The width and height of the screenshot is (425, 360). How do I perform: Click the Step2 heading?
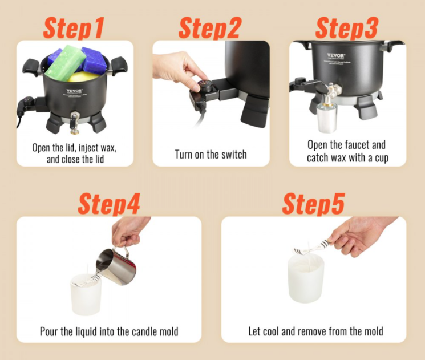[210, 27]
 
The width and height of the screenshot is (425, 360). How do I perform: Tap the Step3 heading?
[347, 27]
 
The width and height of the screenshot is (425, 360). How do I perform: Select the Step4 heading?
[108, 204]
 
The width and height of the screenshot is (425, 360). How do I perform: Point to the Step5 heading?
[313, 204]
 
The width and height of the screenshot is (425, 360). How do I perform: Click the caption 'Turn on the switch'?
[211, 154]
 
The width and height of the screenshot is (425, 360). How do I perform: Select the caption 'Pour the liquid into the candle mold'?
[109, 331]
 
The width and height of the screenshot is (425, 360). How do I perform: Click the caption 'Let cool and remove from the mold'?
[315, 331]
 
